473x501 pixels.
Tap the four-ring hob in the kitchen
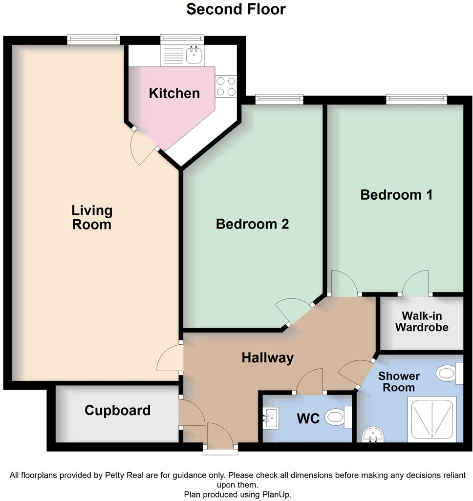coord(226,86)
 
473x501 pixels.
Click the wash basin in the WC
coord(269,418)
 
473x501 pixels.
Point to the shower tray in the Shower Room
coord(432,419)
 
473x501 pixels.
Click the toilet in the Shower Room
coord(449,375)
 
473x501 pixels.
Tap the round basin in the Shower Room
coord(374,434)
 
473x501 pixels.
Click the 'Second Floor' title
coord(236,9)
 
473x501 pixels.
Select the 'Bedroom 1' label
coord(396,195)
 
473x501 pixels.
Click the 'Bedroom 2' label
coord(252,224)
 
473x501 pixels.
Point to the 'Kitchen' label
coord(174,93)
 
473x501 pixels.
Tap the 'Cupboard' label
coord(117,410)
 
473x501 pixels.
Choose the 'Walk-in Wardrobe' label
coord(422,321)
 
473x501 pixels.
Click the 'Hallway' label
coord(267,358)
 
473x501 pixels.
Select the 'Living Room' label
coord(92,218)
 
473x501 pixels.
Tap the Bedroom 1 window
coord(416,100)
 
